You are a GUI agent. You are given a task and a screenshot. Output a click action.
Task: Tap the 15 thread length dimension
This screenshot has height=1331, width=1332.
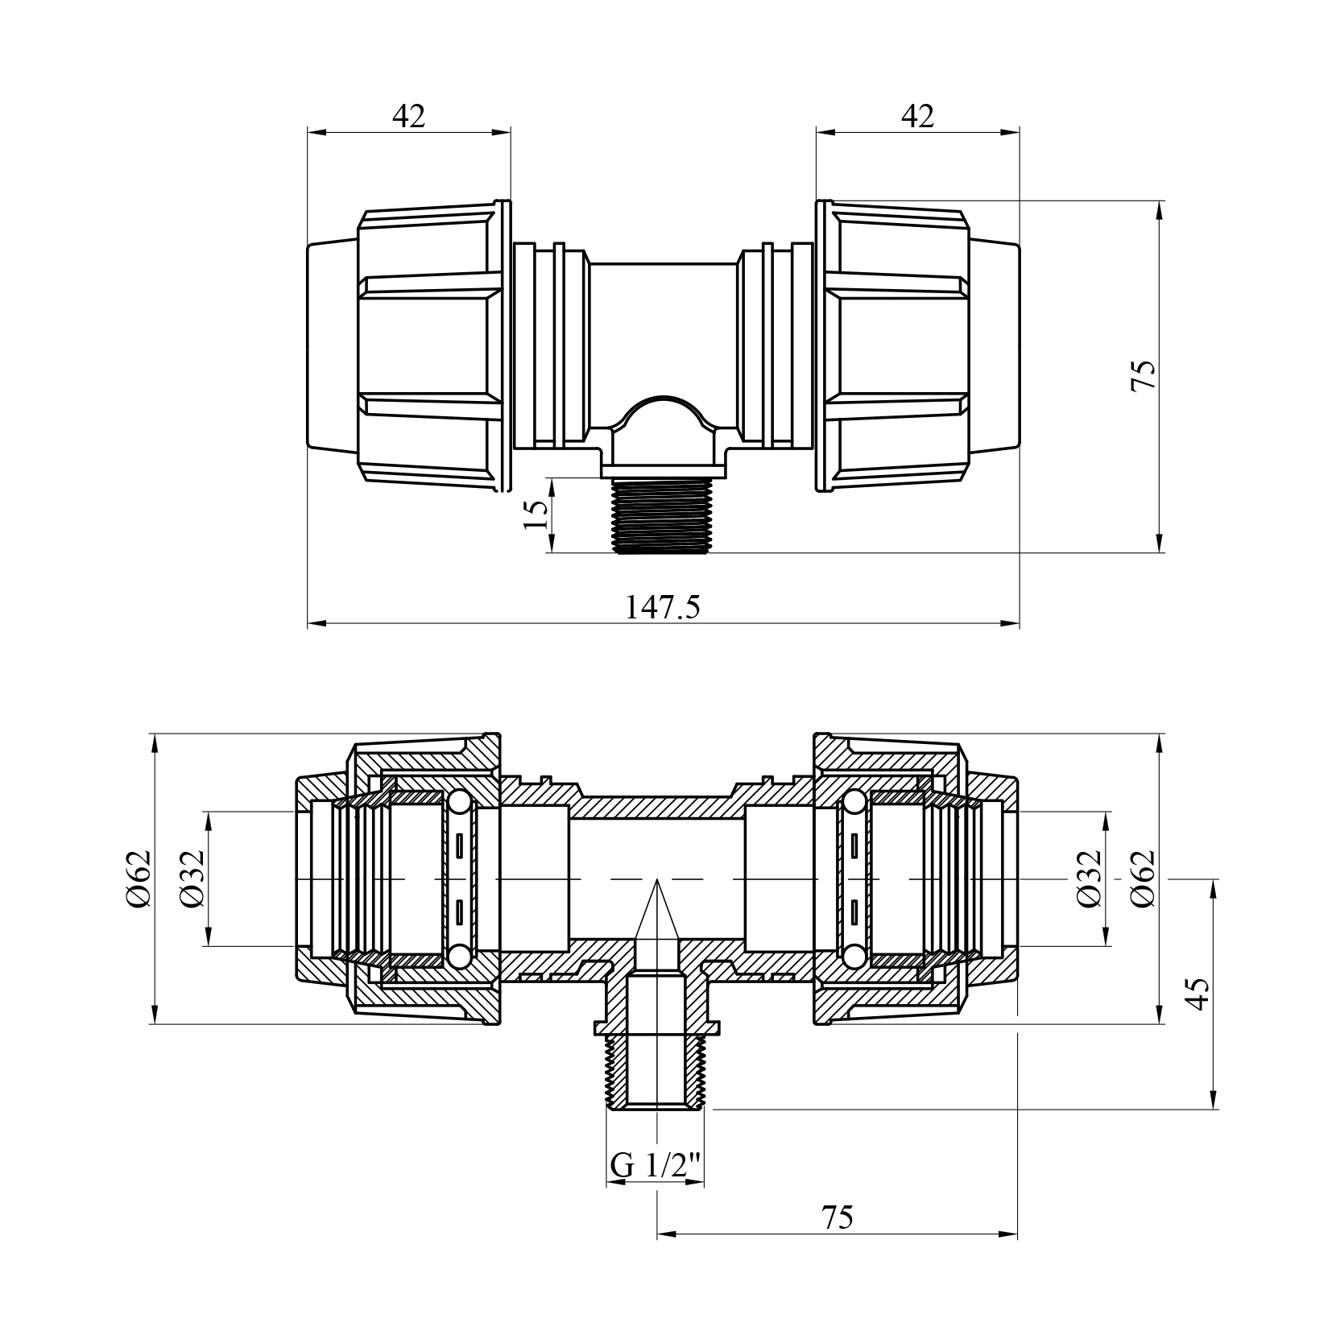click(535, 513)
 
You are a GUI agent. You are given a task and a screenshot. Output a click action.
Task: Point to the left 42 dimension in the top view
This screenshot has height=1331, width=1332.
click(408, 117)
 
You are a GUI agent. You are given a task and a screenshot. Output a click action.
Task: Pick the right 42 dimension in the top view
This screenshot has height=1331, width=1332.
click(917, 117)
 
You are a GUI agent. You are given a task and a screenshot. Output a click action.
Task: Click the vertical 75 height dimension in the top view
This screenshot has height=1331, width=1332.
click(1143, 375)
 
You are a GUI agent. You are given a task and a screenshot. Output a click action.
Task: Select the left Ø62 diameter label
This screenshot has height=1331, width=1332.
click(138, 878)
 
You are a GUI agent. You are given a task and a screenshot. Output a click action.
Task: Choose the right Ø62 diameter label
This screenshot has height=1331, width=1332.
click(1142, 878)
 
